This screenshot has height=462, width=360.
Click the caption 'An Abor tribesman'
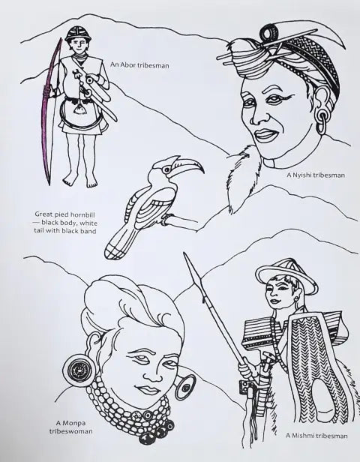[x=139, y=64]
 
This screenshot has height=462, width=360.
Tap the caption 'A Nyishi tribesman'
[x=316, y=175]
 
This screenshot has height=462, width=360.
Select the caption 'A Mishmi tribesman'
[x=316, y=436]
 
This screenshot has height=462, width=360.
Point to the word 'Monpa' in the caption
[x=71, y=424]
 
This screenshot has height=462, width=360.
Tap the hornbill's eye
[x=167, y=169]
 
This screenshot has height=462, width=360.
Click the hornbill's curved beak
[x=187, y=164]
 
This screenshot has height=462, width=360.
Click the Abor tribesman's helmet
[x=78, y=34]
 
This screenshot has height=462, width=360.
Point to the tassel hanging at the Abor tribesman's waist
[x=79, y=109]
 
